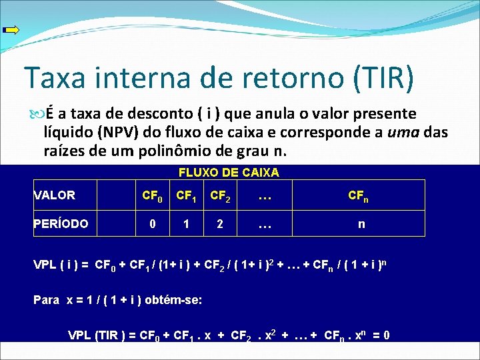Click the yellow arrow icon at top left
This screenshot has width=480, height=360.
tap(11, 29)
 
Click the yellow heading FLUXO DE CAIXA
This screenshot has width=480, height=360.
tap(229, 173)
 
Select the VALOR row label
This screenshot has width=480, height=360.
tap(55, 195)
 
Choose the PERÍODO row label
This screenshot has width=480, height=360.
tap(61, 224)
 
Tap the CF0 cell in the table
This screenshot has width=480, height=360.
tap(153, 196)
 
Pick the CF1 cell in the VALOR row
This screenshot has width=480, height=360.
tap(187, 196)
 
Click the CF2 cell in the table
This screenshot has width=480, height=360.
tap(221, 196)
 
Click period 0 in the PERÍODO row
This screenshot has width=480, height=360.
tap(153, 224)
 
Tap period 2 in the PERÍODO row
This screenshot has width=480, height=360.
tap(220, 224)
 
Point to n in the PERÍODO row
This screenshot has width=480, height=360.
tap(361, 224)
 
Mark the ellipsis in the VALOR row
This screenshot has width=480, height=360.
tap(264, 196)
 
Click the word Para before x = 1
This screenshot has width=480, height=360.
tap(47, 299)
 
